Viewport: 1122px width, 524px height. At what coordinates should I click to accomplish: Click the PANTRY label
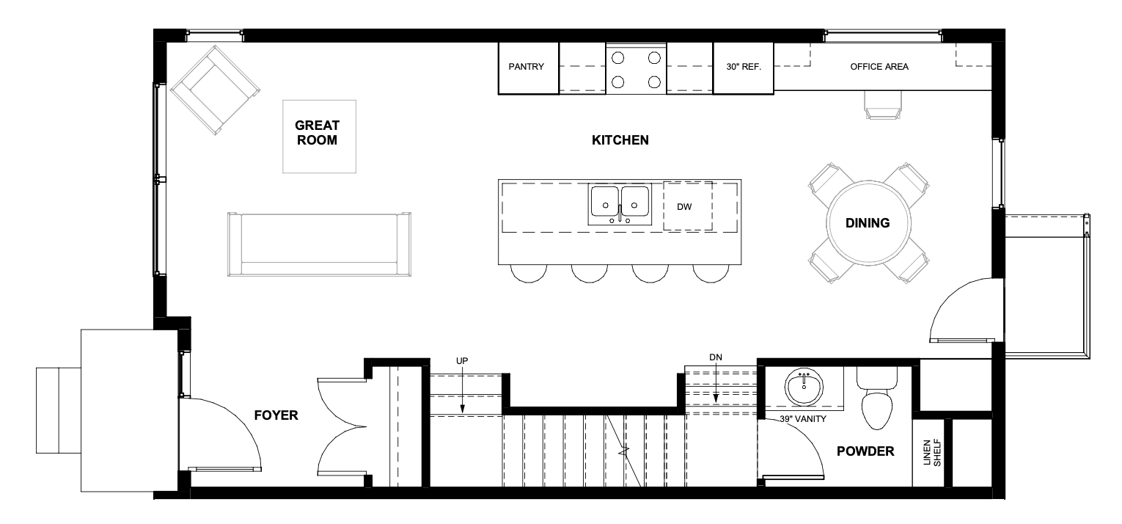(x=526, y=67)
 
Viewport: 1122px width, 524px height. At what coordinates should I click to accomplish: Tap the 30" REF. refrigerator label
(x=744, y=67)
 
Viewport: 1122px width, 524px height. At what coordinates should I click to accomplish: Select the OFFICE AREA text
(x=879, y=67)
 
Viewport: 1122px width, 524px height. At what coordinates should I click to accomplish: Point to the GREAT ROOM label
(x=317, y=132)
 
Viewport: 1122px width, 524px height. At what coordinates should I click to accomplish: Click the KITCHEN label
(x=620, y=140)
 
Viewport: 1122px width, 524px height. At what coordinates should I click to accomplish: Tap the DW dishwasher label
(x=684, y=207)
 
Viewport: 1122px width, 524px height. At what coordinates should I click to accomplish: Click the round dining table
(x=868, y=223)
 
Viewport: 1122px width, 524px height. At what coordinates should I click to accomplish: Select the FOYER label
(x=276, y=415)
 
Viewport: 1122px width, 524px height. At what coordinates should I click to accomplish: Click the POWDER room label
(x=865, y=451)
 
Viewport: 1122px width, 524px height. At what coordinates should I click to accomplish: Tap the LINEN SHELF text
(x=931, y=453)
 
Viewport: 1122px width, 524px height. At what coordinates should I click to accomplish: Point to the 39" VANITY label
(x=803, y=419)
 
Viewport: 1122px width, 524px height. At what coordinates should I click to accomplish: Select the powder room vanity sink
(x=804, y=387)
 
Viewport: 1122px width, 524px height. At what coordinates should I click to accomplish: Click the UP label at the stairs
(x=462, y=361)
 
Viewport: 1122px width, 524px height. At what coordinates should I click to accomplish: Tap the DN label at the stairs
(x=716, y=357)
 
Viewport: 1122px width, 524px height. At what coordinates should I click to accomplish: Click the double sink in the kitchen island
(x=620, y=204)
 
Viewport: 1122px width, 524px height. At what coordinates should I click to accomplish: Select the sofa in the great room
(x=319, y=244)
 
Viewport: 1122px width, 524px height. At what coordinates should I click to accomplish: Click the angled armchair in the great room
(x=216, y=90)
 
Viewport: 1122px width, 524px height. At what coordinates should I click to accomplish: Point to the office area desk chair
(x=883, y=105)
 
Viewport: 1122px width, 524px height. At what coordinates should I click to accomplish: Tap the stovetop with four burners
(x=636, y=69)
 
